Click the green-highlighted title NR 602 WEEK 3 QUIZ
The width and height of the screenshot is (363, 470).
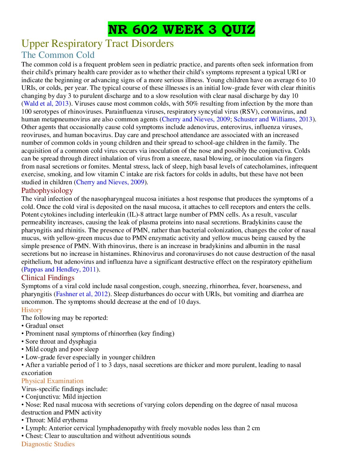181,29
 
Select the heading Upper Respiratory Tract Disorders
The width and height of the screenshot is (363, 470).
98,44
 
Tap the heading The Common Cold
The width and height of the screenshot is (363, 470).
58,55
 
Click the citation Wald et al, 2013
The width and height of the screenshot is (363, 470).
46,104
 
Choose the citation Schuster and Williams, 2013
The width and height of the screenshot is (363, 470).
273,119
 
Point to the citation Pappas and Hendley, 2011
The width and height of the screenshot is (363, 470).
60,269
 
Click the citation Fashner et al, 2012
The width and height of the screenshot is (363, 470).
82,294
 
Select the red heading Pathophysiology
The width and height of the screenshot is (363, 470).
47,190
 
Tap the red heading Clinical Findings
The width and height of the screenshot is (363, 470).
48,278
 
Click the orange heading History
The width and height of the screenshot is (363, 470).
32,310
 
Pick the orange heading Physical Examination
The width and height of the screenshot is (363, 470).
52,381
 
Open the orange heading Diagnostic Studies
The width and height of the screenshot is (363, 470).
48,444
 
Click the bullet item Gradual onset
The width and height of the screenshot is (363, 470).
43,326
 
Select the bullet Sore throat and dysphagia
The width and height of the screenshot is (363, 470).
59,342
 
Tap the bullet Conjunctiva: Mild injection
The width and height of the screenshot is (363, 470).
61,397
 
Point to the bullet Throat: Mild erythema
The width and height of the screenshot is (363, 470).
55,420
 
